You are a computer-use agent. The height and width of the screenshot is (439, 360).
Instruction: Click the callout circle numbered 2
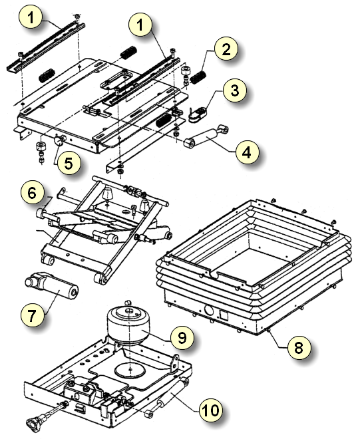pos(226,49)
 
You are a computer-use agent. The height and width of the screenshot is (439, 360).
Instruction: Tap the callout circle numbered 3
pos(235,90)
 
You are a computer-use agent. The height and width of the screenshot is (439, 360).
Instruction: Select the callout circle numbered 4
pos(247,152)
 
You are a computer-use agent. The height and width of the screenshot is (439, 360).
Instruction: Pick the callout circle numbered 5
pos(69,163)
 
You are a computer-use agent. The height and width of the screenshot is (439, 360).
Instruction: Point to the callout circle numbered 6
pos(32,193)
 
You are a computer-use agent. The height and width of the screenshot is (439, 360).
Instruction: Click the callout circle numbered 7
pos(32,315)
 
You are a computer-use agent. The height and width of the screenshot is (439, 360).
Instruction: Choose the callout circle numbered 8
pos(299,347)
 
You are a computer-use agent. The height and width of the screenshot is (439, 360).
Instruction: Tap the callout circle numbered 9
pos(182,338)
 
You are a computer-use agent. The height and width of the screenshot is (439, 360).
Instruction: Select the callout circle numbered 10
pos(211,410)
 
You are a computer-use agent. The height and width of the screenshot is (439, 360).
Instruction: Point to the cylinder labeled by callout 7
pos(51,286)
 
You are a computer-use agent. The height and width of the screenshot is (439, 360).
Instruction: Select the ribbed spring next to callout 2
pos(198,76)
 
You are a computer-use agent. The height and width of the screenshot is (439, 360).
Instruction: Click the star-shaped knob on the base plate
pos(34,421)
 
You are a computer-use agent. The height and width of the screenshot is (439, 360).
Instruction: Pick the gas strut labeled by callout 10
pos(167,397)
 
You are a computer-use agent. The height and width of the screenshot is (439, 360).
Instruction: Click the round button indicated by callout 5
pos(59,140)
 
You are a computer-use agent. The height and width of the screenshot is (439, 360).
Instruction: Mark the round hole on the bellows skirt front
pos(209,311)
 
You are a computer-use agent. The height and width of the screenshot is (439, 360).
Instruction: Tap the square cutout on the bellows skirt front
pos(224,315)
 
